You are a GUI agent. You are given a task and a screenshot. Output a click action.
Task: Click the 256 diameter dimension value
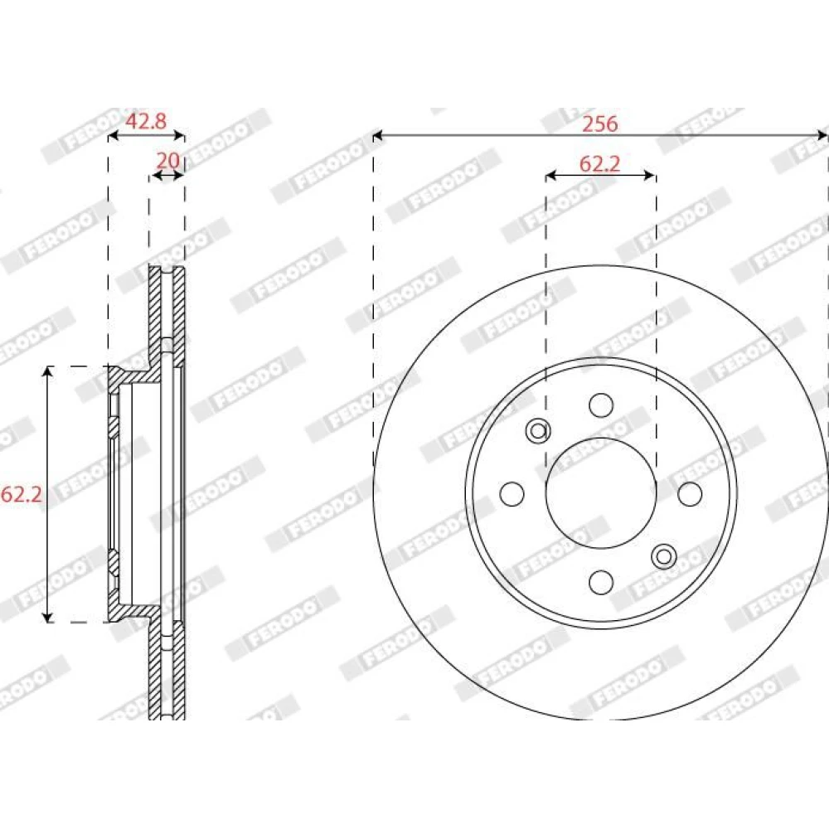[x=599, y=124]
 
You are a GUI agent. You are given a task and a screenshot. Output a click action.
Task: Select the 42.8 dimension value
[x=146, y=121]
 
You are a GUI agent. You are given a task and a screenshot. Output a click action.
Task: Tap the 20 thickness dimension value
[x=168, y=160]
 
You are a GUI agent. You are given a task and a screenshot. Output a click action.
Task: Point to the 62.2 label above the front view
[x=599, y=164]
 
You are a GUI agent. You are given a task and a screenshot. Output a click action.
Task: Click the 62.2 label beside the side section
[x=22, y=494]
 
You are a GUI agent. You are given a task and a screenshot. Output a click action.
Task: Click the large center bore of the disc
[x=601, y=493]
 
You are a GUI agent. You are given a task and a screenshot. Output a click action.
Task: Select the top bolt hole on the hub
[x=601, y=405]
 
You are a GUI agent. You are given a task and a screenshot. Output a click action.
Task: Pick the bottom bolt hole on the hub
[x=601, y=582]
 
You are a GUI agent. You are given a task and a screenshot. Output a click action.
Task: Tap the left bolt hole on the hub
[x=511, y=493]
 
